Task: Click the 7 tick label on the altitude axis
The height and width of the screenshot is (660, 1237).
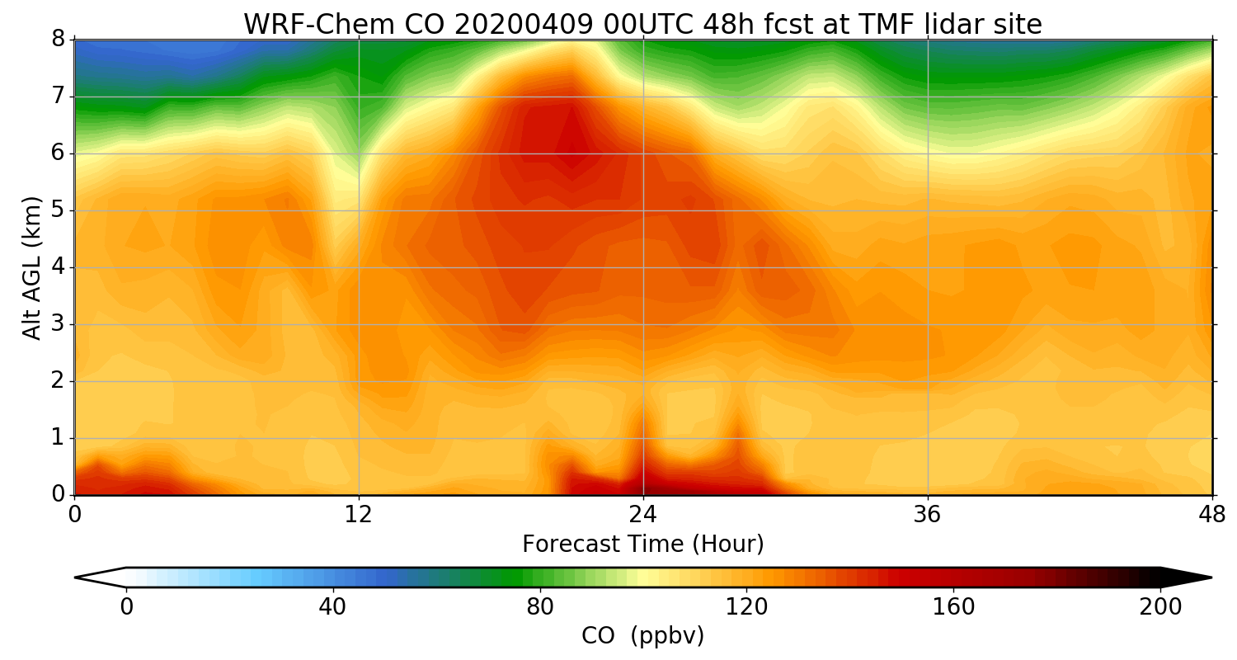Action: (58, 97)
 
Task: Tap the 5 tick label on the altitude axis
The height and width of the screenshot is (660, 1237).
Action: (58, 210)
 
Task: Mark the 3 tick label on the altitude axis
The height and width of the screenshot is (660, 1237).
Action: (58, 324)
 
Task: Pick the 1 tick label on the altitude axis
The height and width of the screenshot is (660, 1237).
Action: (58, 438)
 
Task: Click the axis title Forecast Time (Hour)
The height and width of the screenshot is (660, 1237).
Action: (643, 544)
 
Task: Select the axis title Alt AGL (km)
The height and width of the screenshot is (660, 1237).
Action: (31, 267)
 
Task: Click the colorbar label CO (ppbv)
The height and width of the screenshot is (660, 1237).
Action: (643, 636)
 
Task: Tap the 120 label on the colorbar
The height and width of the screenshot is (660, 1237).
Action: (747, 607)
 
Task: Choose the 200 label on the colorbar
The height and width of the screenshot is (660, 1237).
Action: (1161, 607)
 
